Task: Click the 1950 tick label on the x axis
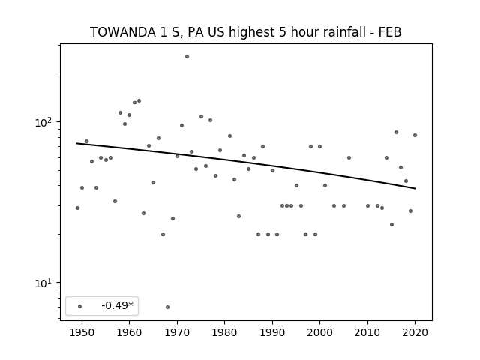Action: (82, 332)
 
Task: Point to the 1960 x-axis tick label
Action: (129, 332)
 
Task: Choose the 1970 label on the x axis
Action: (177, 332)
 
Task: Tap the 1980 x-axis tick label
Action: (224, 332)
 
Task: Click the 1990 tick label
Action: (272, 332)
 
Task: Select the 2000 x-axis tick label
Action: (319, 332)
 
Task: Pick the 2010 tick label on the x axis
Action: (367, 332)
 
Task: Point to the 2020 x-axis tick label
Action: (415, 332)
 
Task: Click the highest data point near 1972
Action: (187, 57)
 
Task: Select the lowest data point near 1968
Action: (167, 307)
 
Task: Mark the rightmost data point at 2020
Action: (415, 135)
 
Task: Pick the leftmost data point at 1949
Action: (77, 208)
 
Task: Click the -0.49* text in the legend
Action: (118, 305)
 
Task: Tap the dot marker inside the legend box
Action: (80, 306)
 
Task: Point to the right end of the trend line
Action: (415, 188)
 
